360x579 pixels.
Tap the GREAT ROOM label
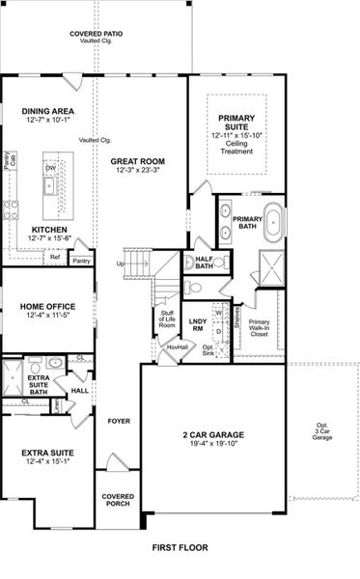tap(135, 161)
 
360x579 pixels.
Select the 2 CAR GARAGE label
tap(214, 435)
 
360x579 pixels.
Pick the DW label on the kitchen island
tap(49, 166)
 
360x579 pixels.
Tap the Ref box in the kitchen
tap(56, 258)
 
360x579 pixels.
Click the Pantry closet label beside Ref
tap(82, 260)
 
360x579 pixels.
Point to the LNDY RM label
tap(198, 324)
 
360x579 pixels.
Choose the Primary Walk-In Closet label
tap(260, 328)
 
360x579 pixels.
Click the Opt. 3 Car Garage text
tap(322, 432)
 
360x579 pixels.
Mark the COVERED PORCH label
tap(118, 500)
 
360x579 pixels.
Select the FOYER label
tap(119, 422)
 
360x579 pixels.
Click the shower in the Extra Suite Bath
tap(14, 376)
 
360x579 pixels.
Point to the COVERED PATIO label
tap(95, 35)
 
